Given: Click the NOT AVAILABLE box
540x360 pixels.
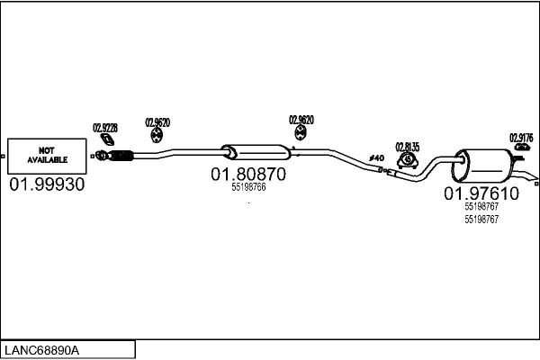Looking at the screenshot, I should click(47, 155).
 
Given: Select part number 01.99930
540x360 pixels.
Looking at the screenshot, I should click(47, 184).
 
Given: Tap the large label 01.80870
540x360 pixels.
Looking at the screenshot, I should click(247, 173).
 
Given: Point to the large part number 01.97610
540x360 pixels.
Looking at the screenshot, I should click(481, 193).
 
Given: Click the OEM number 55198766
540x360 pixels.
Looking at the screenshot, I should click(247, 187).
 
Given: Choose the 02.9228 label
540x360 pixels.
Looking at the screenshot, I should click(105, 128).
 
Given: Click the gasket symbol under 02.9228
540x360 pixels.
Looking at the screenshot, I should click(106, 140).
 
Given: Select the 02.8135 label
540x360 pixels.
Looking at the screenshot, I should click(408, 147).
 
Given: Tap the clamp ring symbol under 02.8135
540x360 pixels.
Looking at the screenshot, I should click(407, 160).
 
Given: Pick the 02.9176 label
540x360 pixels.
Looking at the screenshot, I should click(521, 138).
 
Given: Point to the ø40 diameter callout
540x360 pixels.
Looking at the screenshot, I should click(376, 159).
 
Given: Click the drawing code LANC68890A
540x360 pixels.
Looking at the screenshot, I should click(45, 349).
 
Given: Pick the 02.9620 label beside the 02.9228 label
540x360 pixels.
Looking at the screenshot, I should click(157, 121).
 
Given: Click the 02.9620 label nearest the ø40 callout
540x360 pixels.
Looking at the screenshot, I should click(301, 120).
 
